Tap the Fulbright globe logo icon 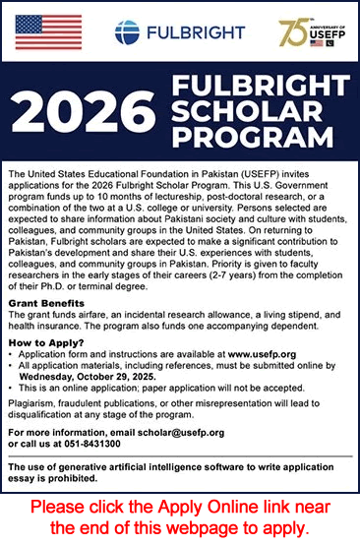127,32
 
